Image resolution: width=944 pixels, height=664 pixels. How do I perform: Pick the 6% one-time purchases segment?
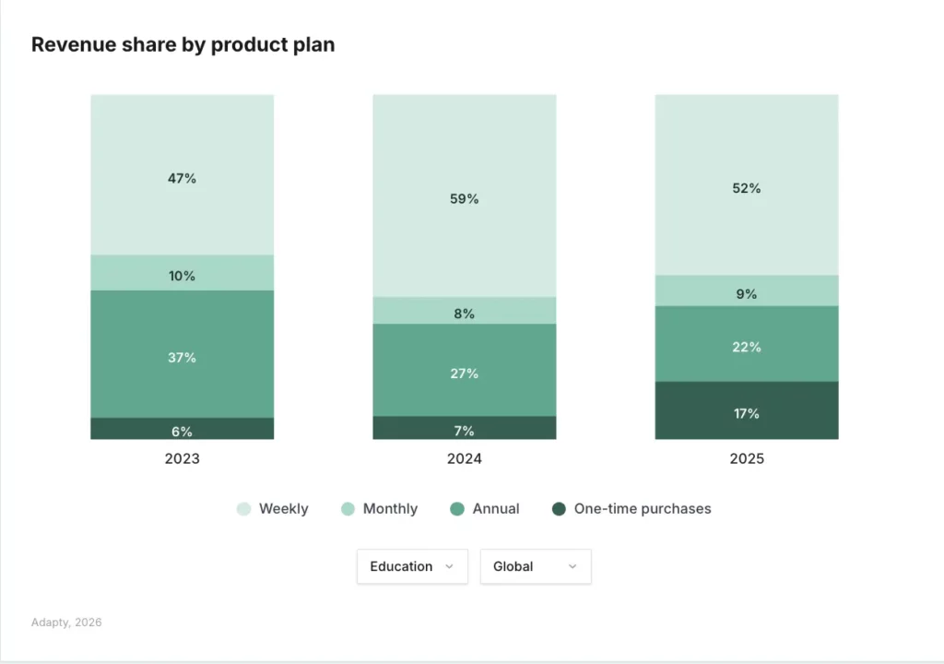click(x=182, y=429)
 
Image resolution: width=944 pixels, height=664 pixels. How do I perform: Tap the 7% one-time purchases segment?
click(x=465, y=428)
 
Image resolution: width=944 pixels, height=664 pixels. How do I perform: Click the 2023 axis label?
click(x=182, y=458)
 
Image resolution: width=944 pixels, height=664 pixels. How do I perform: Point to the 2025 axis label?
click(x=747, y=458)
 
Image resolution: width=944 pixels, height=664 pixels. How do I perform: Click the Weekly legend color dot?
click(x=243, y=509)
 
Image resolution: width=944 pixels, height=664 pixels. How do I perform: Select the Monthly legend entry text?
click(x=390, y=509)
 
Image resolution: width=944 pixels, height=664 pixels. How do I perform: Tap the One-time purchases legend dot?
click(x=558, y=509)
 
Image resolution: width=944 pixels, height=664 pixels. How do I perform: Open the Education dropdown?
click(x=412, y=566)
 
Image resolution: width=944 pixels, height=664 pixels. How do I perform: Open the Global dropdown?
click(x=536, y=566)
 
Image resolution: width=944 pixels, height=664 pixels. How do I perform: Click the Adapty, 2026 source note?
click(x=66, y=622)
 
